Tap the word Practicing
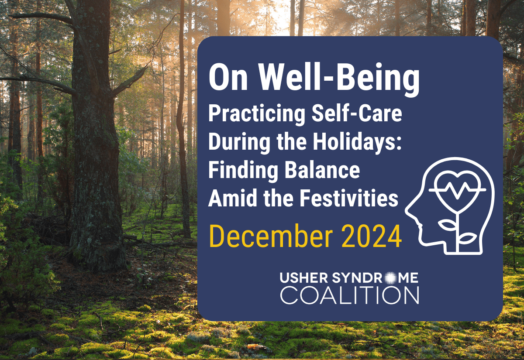(x=257, y=114)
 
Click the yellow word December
(x=271, y=236)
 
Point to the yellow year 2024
(x=371, y=236)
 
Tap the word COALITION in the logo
(x=349, y=295)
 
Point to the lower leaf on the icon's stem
(x=467, y=239)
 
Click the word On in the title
(x=228, y=78)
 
